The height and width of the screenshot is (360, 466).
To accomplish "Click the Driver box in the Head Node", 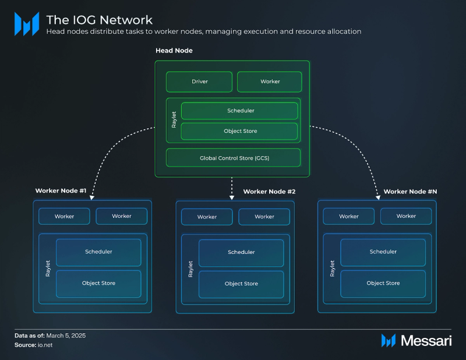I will pos(199,82).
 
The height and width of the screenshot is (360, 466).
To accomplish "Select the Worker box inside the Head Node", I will pos(269,82).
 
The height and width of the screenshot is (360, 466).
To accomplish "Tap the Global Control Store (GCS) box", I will pos(234,158).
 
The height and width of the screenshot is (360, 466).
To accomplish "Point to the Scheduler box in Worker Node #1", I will pos(98,252).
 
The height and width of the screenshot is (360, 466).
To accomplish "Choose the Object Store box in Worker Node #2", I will pos(241,284).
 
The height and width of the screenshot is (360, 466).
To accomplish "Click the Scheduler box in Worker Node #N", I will pos(383,252).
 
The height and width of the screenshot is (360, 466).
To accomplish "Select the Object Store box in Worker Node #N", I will pos(383,283).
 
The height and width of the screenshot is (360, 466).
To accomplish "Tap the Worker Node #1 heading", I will pos(61,190).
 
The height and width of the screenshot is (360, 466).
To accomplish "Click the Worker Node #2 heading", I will pos(269,192).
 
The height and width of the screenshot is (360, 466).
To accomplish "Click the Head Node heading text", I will pos(174,51).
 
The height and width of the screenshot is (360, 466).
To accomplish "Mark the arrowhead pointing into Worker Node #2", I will pos(232,198).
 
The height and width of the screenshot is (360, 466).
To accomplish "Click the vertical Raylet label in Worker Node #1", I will pos(48,268).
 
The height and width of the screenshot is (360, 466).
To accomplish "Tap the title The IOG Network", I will pos(99,20).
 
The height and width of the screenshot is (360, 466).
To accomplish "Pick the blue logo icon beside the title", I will pos(26,24).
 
